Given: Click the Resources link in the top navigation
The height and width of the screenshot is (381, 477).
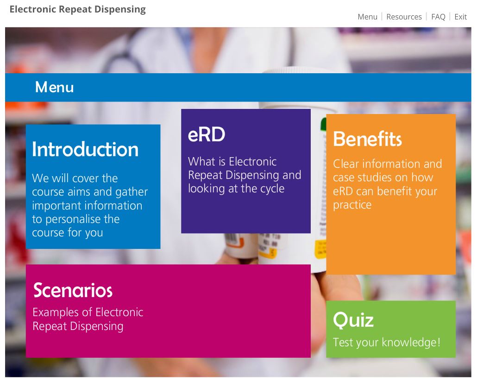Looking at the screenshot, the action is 404,17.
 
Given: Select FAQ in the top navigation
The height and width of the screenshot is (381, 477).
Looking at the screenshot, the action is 438,17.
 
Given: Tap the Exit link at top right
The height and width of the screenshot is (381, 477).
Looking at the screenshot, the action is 461,17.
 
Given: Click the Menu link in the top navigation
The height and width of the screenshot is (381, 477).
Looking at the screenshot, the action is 368,17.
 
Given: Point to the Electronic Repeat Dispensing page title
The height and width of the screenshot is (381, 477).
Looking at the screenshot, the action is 78,9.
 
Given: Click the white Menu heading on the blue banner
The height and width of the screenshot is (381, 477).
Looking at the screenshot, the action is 55,87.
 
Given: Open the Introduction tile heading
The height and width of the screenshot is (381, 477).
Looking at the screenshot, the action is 85,149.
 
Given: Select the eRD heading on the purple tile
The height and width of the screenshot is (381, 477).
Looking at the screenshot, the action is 207,134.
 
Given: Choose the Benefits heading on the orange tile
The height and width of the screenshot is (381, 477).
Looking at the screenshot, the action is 368,139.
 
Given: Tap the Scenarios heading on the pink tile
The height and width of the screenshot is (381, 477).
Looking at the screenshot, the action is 73,290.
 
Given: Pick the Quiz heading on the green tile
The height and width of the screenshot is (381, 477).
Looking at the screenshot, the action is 353,320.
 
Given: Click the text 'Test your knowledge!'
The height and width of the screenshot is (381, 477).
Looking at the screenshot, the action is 387,343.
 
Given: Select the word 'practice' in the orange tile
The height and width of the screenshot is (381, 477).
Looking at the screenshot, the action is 352,205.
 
